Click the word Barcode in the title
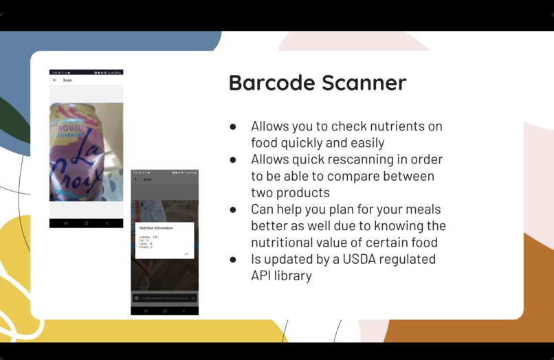tap(271, 83)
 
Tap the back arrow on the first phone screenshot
tap(55, 80)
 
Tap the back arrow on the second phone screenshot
tap(135, 179)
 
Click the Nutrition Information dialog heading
tap(156, 228)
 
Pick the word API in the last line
tap(263, 275)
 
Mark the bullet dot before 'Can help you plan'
tap(233, 210)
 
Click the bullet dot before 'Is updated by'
tap(233, 260)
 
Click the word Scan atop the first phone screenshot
tap(67, 80)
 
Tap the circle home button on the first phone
tap(86, 223)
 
